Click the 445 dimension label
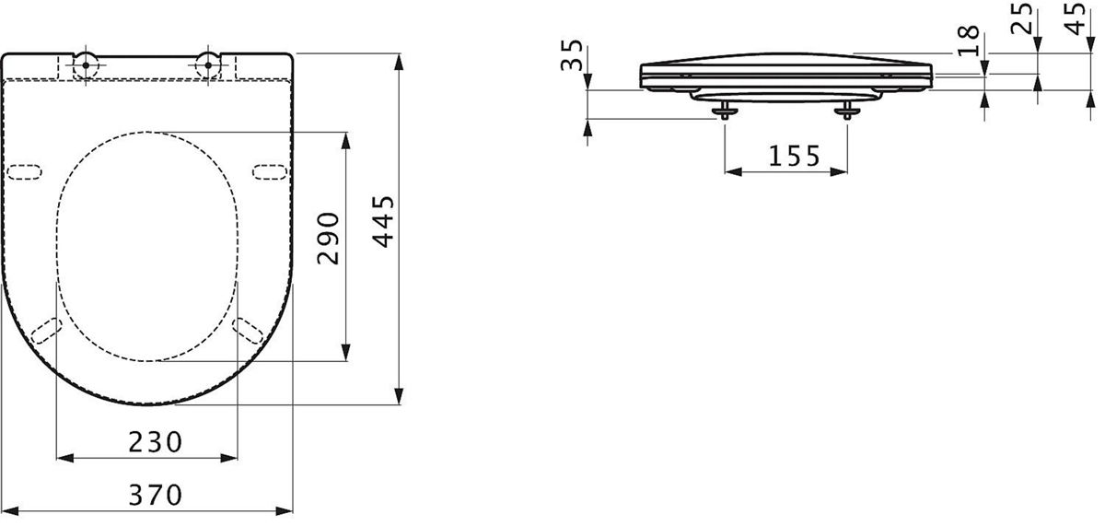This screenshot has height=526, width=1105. click(384, 222)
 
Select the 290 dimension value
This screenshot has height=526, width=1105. click(329, 239)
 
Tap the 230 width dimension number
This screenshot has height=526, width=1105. click(156, 442)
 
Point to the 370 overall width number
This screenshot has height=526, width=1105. click(156, 495)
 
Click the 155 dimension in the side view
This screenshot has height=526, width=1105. click(794, 156)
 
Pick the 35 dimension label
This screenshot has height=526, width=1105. click(572, 55)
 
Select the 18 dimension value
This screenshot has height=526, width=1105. click(969, 41)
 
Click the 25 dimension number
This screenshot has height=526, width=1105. click(1020, 18)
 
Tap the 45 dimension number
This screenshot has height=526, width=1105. click(1075, 18)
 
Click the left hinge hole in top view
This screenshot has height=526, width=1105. click(86, 65)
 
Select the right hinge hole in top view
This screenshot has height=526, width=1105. click(208, 65)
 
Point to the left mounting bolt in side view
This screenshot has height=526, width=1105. click(724, 111)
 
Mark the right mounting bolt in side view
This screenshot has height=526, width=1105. click(847, 111)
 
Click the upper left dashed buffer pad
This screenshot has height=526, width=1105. click(24, 171)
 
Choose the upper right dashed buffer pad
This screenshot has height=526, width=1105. click(270, 171)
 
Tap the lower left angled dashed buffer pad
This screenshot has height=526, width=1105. click(46, 331)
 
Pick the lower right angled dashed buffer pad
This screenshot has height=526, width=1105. click(248, 331)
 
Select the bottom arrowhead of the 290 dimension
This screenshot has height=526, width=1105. click(346, 352)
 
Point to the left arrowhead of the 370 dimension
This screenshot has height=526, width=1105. click(10, 511)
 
